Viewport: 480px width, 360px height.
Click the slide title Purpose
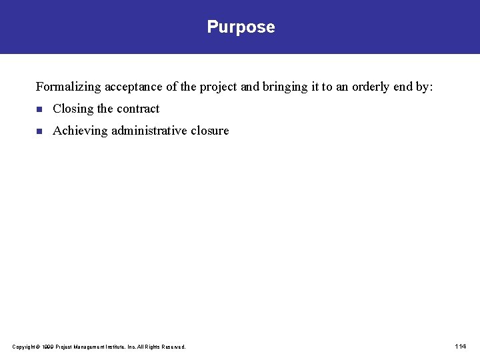pyautogui.click(x=241, y=27)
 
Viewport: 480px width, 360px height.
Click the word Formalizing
pyautogui.click(x=68, y=87)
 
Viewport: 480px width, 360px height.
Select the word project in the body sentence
pyautogui.click(x=217, y=87)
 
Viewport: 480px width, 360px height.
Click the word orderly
pyautogui.click(x=369, y=87)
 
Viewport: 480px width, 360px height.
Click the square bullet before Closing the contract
pyautogui.click(x=39, y=109)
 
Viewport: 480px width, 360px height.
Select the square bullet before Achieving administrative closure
pyautogui.click(x=39, y=131)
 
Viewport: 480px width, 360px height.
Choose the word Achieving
pyautogui.click(x=80, y=131)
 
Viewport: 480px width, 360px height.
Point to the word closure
pyautogui.click(x=209, y=131)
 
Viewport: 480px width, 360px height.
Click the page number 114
pyautogui.click(x=460, y=346)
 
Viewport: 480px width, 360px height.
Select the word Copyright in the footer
pyautogui.click(x=24, y=347)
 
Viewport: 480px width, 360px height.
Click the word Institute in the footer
pyautogui.click(x=111, y=347)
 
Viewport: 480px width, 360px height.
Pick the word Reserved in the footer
pyautogui.click(x=173, y=347)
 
